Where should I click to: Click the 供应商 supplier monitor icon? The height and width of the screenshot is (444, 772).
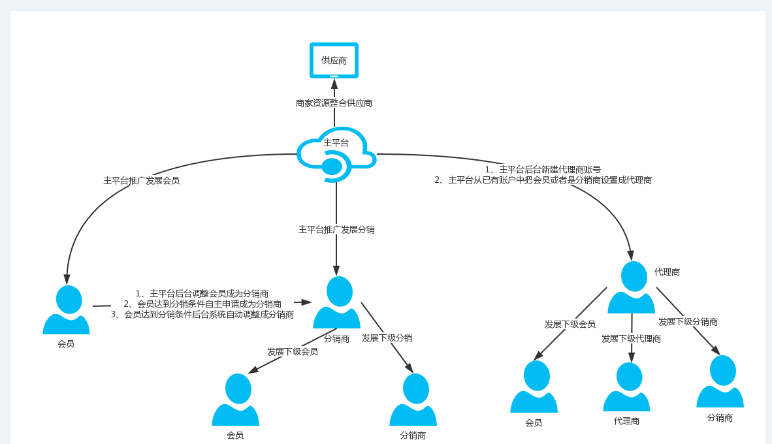click(x=334, y=60)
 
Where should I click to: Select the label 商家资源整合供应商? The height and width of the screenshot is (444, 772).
click(x=334, y=103)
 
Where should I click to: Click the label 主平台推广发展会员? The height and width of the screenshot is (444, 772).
click(x=141, y=181)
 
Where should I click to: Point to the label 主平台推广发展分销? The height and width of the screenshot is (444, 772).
click(x=336, y=230)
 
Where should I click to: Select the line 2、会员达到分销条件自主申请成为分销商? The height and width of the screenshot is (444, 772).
click(x=202, y=304)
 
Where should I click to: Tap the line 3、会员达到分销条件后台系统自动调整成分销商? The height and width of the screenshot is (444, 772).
click(x=202, y=315)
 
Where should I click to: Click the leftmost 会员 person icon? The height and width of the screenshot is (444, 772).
click(x=67, y=310)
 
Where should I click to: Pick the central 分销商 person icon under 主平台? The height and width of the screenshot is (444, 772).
click(x=337, y=302)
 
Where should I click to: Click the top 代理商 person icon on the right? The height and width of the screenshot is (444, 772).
click(x=632, y=287)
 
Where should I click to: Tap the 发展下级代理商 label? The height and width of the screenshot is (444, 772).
click(x=631, y=339)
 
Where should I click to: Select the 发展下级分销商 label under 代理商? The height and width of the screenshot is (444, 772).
click(x=688, y=322)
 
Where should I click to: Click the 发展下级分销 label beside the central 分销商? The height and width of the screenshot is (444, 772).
click(x=387, y=338)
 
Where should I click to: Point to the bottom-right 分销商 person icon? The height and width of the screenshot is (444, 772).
click(x=720, y=381)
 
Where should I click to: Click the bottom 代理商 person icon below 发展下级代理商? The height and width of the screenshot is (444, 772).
click(x=627, y=387)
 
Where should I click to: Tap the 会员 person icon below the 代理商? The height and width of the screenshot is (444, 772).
click(x=534, y=387)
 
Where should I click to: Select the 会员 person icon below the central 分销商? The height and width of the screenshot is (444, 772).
click(x=236, y=400)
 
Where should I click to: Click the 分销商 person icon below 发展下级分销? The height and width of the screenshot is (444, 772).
click(x=413, y=400)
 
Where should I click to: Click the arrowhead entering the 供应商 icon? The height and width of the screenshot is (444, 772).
click(x=334, y=83)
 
